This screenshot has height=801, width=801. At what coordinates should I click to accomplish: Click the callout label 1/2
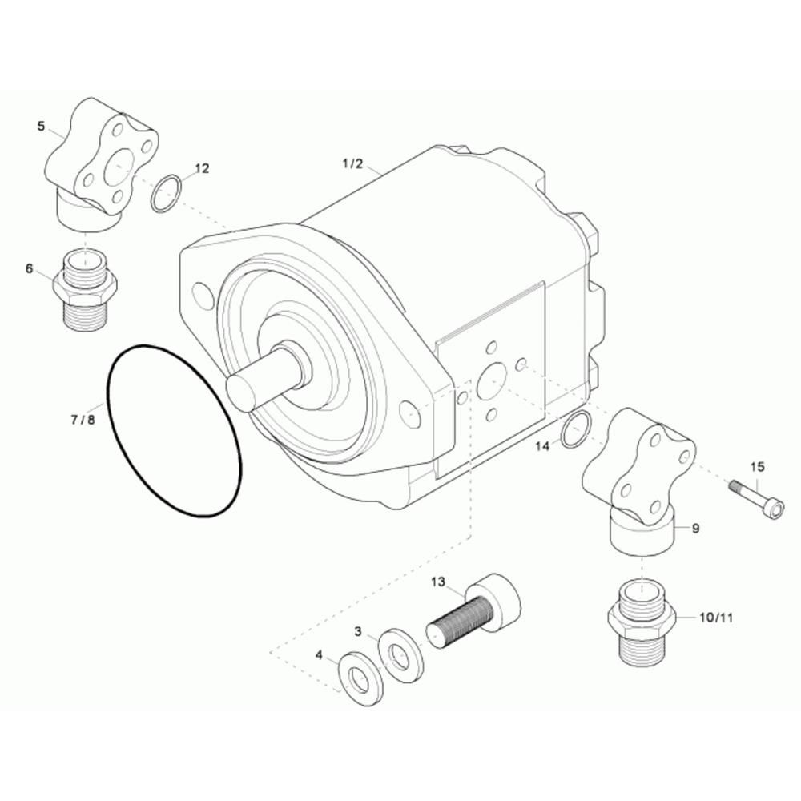tap(352, 164)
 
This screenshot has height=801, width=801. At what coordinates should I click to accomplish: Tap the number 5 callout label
tap(41, 126)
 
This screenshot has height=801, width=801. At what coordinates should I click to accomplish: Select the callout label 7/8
tap(83, 419)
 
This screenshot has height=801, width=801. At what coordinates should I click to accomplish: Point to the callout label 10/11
tap(716, 617)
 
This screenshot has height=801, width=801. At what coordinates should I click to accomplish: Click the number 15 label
tap(758, 467)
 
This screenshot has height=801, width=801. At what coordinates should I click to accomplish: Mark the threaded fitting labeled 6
tap(84, 290)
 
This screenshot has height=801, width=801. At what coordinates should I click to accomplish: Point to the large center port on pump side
tap(492, 381)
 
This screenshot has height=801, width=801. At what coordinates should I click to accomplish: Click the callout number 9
tap(695, 528)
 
